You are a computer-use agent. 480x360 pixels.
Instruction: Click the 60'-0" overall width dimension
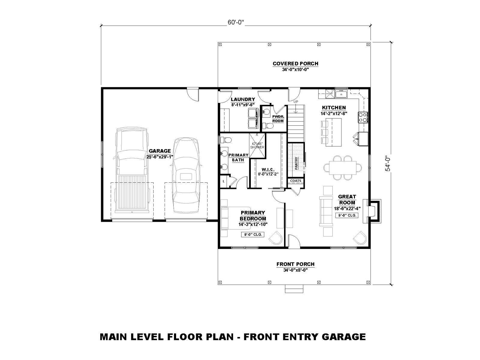(235, 23)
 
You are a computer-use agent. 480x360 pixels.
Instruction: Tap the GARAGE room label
(160, 151)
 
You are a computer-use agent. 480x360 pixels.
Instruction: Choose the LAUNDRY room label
(243, 100)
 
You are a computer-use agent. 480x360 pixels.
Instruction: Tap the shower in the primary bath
(257, 145)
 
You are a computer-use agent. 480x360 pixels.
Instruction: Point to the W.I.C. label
(268, 169)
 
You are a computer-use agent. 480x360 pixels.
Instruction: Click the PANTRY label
(296, 163)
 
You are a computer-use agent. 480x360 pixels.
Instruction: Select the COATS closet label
(296, 181)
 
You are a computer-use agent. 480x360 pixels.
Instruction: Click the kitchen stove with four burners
(363, 117)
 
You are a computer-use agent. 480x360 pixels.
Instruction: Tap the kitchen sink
(341, 94)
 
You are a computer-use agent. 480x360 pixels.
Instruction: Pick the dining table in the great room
(343, 168)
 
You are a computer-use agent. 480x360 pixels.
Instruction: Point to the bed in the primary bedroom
(235, 218)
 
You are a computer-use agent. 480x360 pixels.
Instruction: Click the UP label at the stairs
(296, 102)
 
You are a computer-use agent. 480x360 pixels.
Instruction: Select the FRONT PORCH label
(295, 264)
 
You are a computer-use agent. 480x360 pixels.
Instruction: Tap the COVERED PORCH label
(295, 64)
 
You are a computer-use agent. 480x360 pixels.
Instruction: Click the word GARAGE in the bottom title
(344, 337)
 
